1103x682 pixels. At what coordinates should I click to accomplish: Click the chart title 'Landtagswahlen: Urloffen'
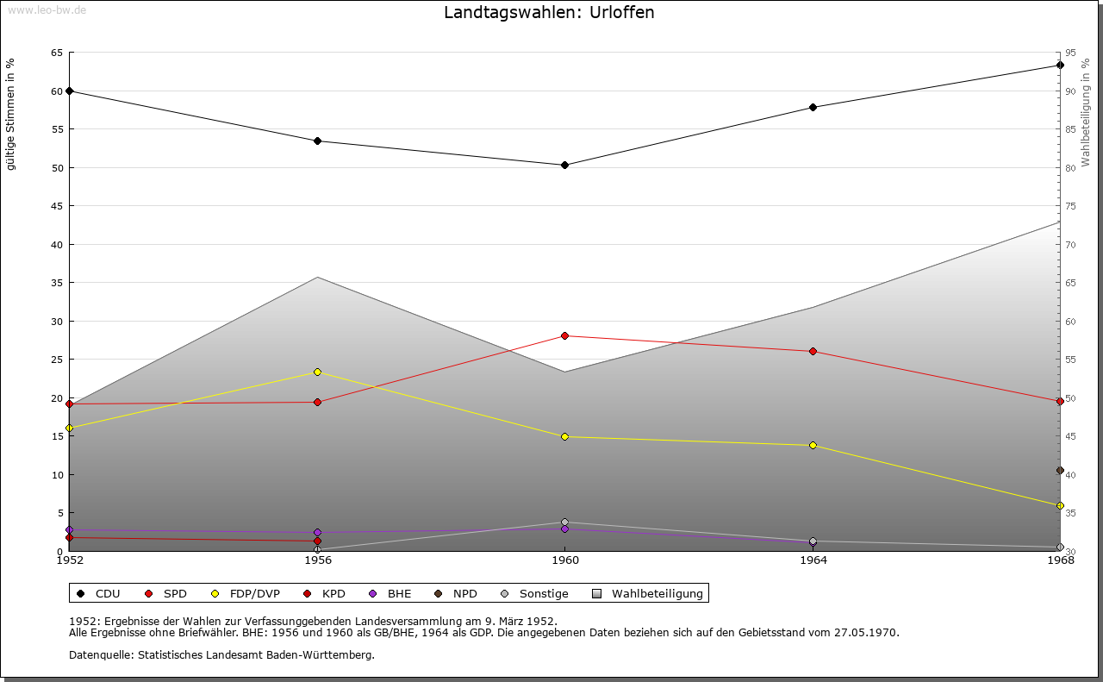coord(549,12)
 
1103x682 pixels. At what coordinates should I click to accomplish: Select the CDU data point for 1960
coord(564,165)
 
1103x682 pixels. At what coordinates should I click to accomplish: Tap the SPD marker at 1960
coord(564,335)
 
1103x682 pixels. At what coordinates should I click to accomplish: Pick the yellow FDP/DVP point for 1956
coord(317,372)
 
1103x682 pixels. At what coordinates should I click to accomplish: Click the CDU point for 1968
coord(1060,65)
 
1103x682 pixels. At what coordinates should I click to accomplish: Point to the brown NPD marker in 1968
coord(1060,471)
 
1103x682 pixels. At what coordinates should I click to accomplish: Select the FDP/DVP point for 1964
coord(813,445)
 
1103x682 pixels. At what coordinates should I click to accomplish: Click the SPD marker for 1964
coord(813,351)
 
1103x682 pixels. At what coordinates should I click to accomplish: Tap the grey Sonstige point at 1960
coord(564,522)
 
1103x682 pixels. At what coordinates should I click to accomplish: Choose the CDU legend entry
coord(99,593)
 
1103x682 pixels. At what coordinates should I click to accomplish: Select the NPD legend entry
coord(456,593)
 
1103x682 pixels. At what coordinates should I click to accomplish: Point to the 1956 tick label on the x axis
coord(317,560)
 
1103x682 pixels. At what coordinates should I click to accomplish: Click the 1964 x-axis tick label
coord(813,560)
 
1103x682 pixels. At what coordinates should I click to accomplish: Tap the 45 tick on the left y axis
coord(57,206)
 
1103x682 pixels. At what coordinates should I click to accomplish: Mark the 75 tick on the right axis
coord(1069,206)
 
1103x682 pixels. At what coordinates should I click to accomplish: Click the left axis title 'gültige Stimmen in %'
coord(11,114)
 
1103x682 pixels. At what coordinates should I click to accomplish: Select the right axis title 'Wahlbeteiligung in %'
coord(1086,112)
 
